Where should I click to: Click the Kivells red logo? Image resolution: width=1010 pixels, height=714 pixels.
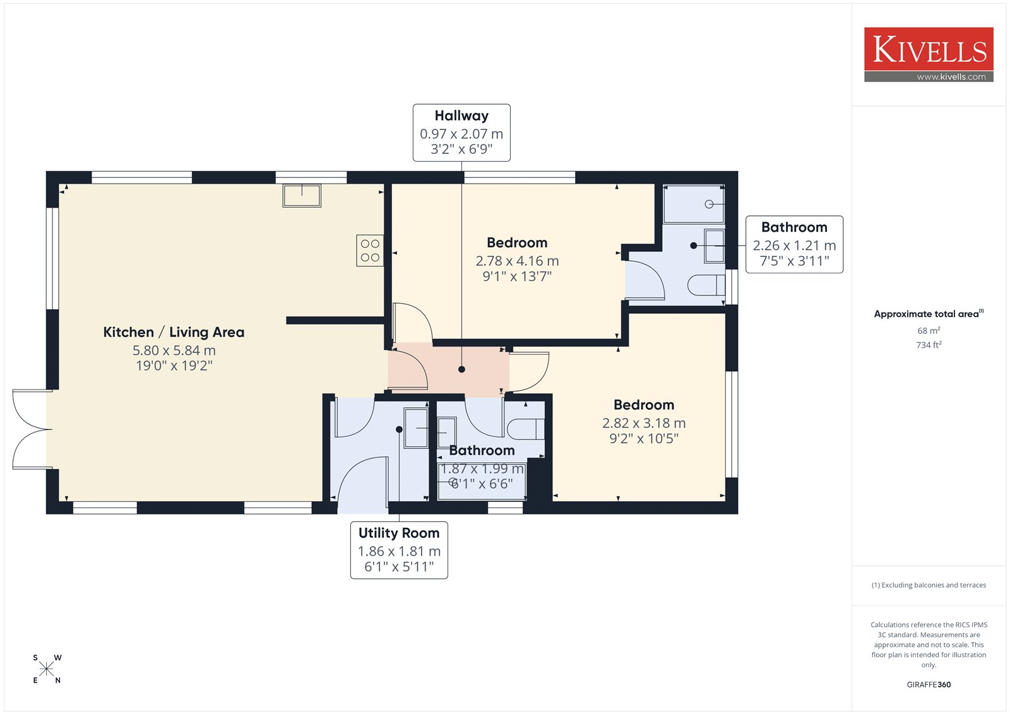pos(929,54)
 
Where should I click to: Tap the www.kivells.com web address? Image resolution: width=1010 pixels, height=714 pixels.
pos(951,76)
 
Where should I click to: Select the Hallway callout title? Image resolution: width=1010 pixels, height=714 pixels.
pos(461,116)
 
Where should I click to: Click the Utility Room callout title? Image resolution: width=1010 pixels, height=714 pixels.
pos(398,533)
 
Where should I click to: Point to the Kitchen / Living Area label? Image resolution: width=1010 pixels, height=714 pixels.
pos(174,332)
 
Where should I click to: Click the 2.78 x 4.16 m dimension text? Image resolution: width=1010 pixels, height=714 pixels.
pos(517,261)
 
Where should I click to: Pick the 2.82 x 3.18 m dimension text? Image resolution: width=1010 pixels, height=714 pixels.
pos(644,423)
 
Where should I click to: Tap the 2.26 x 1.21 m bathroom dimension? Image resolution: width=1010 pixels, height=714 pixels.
pos(794,246)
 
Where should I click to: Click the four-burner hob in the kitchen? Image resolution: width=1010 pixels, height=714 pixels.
pos(370,251)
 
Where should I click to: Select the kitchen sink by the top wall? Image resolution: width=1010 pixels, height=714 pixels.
pos(302,196)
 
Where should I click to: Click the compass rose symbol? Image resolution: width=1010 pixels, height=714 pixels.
pos(47,669)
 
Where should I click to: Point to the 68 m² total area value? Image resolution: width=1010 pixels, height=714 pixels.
pos(929,330)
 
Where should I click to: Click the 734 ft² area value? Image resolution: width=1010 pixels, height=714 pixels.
pos(929,345)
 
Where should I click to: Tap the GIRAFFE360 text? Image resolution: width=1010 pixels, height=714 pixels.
pos(929,684)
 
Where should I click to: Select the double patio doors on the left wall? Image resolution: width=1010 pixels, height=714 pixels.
pos(32,429)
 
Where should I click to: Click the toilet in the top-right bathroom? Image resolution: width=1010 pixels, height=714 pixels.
pos(706,285)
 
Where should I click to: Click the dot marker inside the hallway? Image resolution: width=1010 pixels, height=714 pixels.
pos(461,369)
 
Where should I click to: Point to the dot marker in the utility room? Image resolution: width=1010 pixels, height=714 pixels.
pos(399,429)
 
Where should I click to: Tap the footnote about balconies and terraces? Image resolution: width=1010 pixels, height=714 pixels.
pos(929,585)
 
